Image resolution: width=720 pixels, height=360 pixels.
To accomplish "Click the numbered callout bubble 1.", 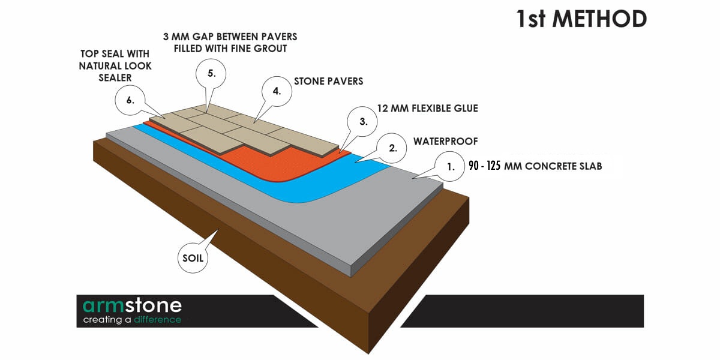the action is click(x=449, y=167).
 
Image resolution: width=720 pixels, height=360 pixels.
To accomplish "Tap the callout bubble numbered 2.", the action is click(x=391, y=148).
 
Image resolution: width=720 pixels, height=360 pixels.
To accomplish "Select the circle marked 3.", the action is click(x=362, y=121).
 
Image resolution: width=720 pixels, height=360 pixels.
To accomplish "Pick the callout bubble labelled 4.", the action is click(x=277, y=91).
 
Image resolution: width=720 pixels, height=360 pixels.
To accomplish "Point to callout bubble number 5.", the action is click(x=211, y=74).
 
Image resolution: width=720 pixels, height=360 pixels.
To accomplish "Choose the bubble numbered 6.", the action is click(x=130, y=100).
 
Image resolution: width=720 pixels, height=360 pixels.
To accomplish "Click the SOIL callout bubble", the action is click(x=193, y=258).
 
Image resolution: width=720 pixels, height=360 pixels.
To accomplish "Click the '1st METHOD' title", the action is click(x=581, y=19).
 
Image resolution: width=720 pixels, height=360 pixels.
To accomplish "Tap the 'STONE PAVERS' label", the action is click(x=329, y=82).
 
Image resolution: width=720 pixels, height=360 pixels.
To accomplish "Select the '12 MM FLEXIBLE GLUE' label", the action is click(x=427, y=109).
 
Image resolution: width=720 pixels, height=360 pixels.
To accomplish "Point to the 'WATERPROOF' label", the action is click(x=445, y=142).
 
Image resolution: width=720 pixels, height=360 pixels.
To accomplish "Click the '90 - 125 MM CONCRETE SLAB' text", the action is click(x=535, y=166).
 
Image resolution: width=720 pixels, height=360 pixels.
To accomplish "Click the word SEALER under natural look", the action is click(x=115, y=78).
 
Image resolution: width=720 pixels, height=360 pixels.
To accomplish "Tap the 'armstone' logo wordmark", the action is click(x=132, y=305).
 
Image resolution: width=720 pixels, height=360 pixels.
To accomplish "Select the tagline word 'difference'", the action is click(x=157, y=320).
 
